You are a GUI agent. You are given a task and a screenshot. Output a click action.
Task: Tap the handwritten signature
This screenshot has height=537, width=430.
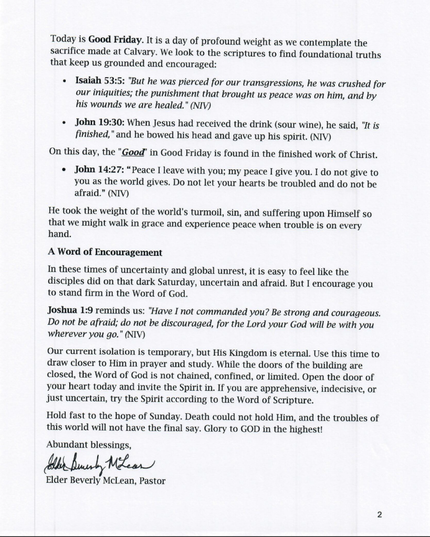point(100,463)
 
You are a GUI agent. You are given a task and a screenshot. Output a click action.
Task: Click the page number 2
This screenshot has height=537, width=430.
point(379,514)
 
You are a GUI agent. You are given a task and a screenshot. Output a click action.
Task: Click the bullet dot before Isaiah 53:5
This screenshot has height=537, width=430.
point(64,82)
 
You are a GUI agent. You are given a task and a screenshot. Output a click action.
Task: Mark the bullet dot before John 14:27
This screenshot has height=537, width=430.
point(64,171)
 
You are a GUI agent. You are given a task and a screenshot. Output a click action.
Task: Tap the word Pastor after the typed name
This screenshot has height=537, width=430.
point(152,480)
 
